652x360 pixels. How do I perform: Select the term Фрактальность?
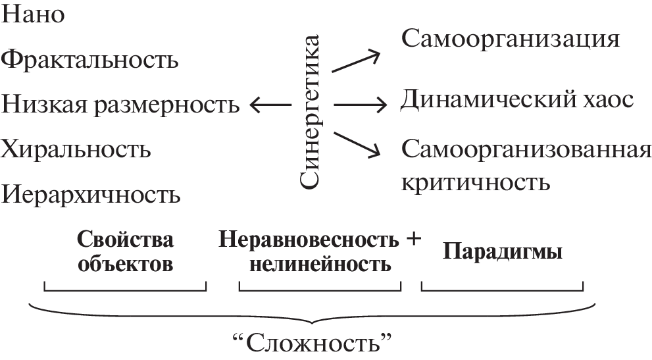point(90,60)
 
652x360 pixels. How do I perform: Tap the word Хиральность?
point(76,149)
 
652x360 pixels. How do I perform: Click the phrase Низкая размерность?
point(120,105)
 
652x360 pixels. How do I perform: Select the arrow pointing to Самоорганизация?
point(356,61)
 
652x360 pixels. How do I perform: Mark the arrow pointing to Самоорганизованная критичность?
point(357,144)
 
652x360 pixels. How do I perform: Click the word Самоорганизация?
point(511,39)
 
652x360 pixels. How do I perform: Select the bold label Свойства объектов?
point(126,252)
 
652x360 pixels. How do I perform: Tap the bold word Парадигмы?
point(501,253)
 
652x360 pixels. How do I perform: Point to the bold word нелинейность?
point(320,265)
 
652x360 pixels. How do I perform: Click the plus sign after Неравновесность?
point(413,239)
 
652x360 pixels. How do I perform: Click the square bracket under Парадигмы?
point(501,288)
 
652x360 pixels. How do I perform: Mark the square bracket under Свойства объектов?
point(125,288)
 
